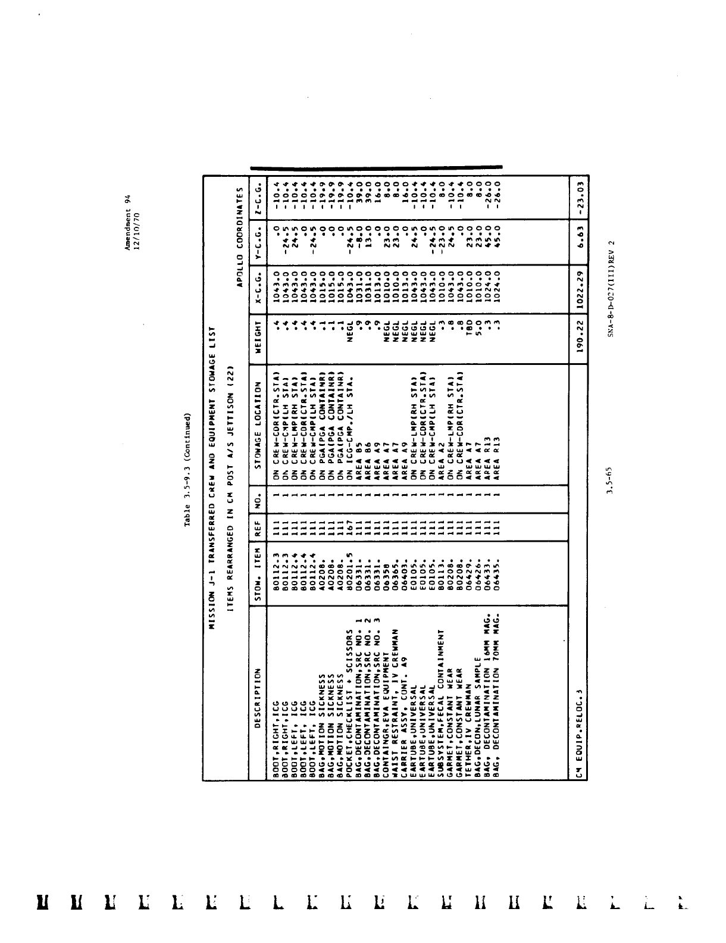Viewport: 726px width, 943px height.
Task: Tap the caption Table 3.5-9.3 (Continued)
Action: (187, 470)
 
